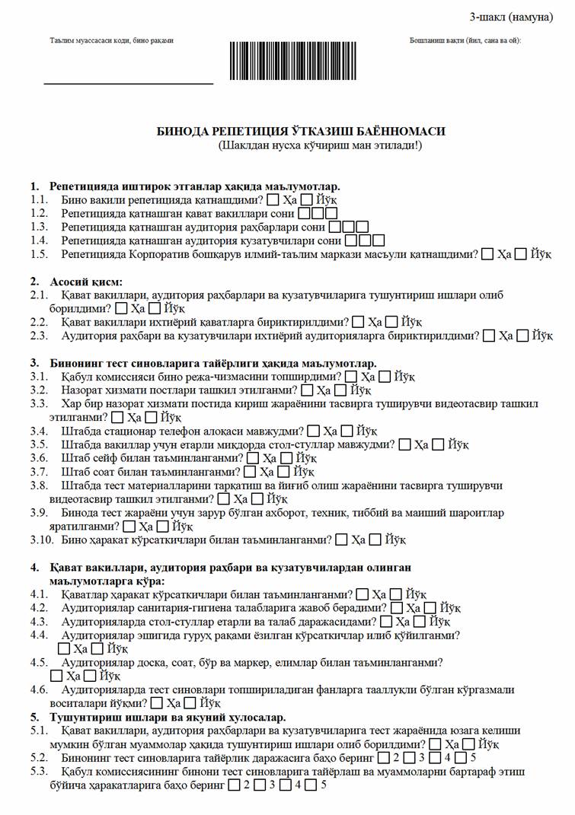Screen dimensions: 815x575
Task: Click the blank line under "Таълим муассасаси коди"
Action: click(x=128, y=82)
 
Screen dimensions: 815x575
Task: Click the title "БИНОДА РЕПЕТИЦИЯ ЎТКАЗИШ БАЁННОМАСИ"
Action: click(x=300, y=131)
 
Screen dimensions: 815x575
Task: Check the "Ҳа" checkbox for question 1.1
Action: click(x=273, y=200)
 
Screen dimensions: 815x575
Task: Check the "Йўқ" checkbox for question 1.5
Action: click(x=520, y=254)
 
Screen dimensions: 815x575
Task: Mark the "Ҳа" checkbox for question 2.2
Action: click(x=359, y=322)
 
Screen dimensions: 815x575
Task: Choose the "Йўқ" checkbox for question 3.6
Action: click(x=286, y=458)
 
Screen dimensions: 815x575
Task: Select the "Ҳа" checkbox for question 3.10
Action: click(x=340, y=540)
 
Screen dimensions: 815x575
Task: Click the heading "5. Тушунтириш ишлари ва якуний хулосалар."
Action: click(x=158, y=717)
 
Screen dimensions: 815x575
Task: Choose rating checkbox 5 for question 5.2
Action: click(x=462, y=758)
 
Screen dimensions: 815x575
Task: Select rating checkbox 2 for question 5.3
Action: click(x=234, y=785)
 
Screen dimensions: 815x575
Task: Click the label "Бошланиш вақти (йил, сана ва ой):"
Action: click(x=465, y=40)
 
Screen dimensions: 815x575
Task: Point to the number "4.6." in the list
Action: click(x=40, y=689)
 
